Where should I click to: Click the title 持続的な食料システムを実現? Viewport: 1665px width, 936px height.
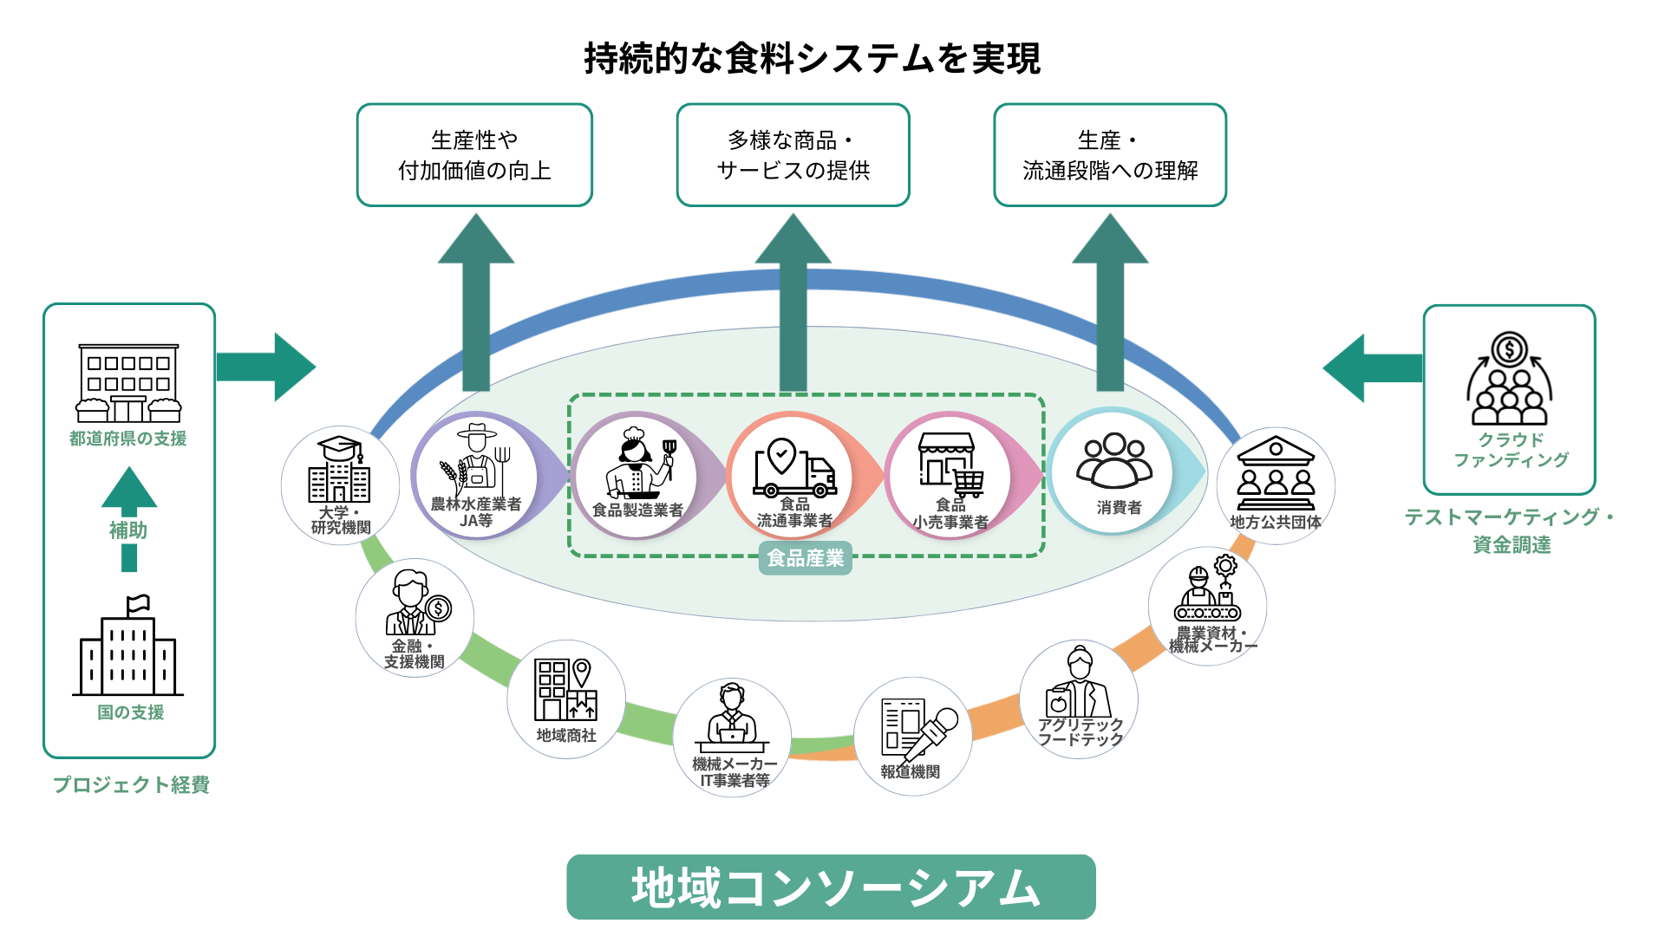coord(812,59)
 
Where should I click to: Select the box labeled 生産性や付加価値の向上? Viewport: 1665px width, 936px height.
coord(474,155)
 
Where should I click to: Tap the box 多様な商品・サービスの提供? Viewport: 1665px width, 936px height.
coord(793,155)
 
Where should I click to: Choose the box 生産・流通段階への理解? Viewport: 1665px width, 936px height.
coord(1110,155)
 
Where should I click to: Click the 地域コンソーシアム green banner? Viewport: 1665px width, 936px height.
coord(831,887)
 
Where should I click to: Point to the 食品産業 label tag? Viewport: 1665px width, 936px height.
coord(806,558)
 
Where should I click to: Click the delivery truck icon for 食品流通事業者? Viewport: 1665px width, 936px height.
coord(794,467)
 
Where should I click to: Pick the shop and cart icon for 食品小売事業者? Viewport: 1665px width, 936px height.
coord(951,464)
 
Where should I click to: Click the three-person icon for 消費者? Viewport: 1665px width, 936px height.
coord(1114,461)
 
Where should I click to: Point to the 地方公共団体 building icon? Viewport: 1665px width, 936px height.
coord(1276,474)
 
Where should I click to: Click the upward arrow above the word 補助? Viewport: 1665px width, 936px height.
coord(129,490)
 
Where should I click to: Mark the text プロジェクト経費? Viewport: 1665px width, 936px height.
coord(131,784)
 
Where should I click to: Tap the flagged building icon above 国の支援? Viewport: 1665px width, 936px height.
coord(128,647)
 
